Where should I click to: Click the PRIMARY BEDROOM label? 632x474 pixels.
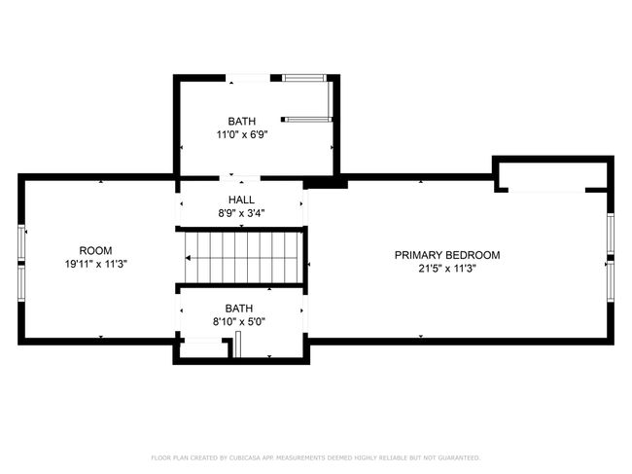pyautogui.click(x=447, y=255)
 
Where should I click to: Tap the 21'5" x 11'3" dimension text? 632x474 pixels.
pyautogui.click(x=447, y=269)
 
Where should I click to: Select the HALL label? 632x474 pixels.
pyautogui.click(x=241, y=200)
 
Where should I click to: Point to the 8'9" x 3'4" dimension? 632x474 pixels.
pyautogui.click(x=241, y=213)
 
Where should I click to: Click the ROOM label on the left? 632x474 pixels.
pyautogui.click(x=95, y=250)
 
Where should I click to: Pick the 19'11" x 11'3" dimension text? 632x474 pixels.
pyautogui.click(x=96, y=264)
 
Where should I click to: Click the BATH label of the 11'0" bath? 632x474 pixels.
pyautogui.click(x=242, y=121)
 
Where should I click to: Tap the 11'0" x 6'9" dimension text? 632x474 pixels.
pyautogui.click(x=242, y=134)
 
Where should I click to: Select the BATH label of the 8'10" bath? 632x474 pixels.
pyautogui.click(x=239, y=309)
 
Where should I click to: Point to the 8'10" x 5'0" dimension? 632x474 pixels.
pyautogui.click(x=239, y=322)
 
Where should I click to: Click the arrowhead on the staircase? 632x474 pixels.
pyautogui.click(x=188, y=258)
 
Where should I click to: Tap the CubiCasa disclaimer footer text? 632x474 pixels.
pyautogui.click(x=316, y=457)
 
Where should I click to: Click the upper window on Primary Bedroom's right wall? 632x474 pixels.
pyautogui.click(x=611, y=234)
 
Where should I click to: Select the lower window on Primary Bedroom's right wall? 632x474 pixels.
pyautogui.click(x=611, y=281)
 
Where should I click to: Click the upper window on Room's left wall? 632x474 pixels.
pyautogui.click(x=21, y=242)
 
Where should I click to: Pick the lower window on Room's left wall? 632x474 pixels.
pyautogui.click(x=21, y=283)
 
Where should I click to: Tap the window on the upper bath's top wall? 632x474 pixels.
pyautogui.click(x=303, y=78)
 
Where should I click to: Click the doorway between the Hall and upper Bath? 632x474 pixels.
pyautogui.click(x=240, y=178)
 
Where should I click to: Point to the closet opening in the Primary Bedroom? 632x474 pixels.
pyautogui.click(x=546, y=190)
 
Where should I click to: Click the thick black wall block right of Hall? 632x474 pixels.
pyautogui.click(x=326, y=184)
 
